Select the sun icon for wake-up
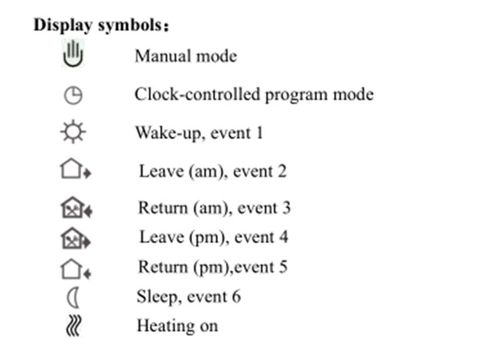[x=73, y=131]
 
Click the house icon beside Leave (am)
[x=75, y=168]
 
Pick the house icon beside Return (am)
[x=76, y=207]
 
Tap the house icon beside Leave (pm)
[x=76, y=238]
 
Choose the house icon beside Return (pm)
[x=75, y=269]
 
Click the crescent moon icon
[x=73, y=297]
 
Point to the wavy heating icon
[x=74, y=326]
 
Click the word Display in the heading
[x=63, y=25]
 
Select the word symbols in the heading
[x=130, y=25]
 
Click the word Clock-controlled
[x=197, y=95]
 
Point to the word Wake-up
[x=170, y=133]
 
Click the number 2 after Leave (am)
[x=282, y=171]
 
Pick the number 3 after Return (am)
[x=286, y=207]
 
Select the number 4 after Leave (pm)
[x=284, y=237]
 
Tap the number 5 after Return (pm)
[x=283, y=267]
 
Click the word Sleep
[x=157, y=297]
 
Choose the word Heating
[x=166, y=326]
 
